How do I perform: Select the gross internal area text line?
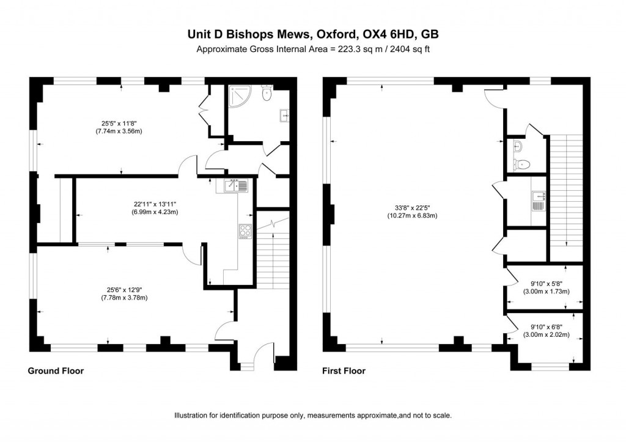click(x=312, y=50)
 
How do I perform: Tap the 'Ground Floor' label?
click(x=56, y=370)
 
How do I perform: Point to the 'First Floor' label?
click(x=344, y=370)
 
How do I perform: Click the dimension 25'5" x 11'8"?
click(x=119, y=126)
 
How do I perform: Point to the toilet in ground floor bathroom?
click(x=267, y=94)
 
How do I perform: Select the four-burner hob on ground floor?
click(x=245, y=230)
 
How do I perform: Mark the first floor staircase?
click(x=566, y=190)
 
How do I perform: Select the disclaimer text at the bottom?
click(x=312, y=415)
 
